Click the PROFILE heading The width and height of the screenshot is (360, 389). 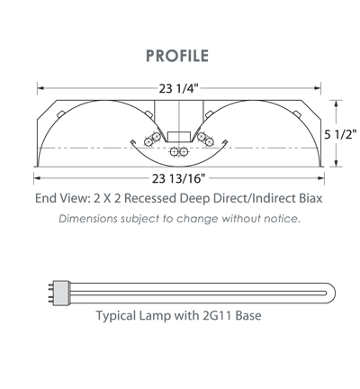coord(177,56)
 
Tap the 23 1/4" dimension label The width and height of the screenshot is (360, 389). coord(179,88)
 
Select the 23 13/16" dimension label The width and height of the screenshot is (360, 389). coord(179,178)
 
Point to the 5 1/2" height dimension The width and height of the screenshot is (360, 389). coord(340,134)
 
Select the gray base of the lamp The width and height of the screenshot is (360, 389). coord(61,294)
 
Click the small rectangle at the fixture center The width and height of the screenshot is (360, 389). coord(179,137)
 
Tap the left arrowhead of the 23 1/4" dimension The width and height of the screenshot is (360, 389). coord(40,88)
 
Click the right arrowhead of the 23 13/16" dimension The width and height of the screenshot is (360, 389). coord(321,178)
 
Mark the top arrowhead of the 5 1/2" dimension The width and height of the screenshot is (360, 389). coord(337,104)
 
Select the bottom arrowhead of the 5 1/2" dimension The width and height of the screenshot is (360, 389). coord(337,163)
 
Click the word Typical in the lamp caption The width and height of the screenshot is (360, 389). coord(116,316)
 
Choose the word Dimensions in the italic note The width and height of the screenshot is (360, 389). coord(88,219)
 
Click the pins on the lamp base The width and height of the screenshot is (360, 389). coord(50,294)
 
